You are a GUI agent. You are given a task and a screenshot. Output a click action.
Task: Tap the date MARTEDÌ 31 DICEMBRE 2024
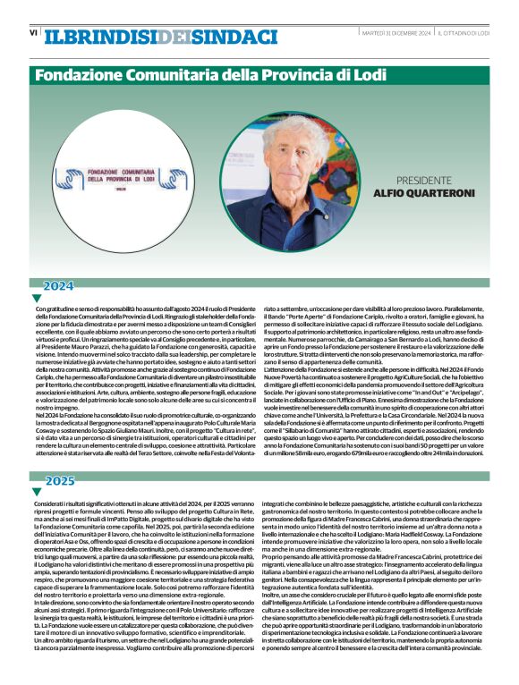click(396, 33)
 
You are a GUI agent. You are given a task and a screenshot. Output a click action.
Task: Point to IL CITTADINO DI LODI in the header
click(464, 33)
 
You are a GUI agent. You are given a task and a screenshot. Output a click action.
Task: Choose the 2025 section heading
click(60, 481)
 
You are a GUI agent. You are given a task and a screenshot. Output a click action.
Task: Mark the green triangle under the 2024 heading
click(37, 298)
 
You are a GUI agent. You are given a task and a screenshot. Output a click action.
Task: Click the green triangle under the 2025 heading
click(37, 492)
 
